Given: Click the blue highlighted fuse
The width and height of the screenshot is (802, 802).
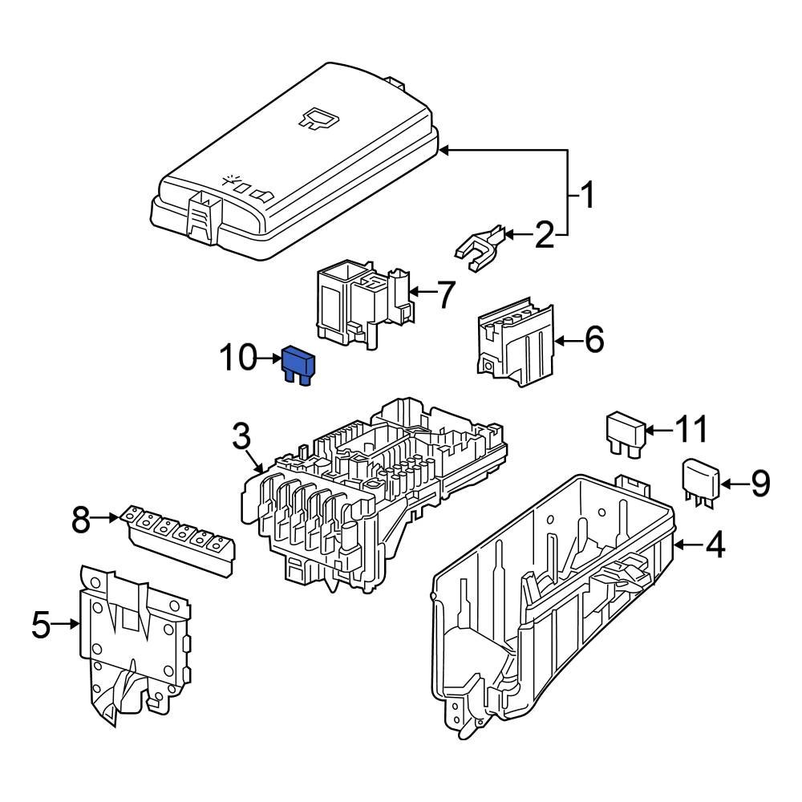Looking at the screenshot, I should pyautogui.click(x=298, y=366).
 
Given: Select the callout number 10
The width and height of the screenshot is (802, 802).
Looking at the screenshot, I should pyautogui.click(x=238, y=359).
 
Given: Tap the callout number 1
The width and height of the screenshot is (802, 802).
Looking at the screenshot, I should pyautogui.click(x=588, y=195).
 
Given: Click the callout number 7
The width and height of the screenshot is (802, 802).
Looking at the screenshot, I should pyautogui.click(x=444, y=295).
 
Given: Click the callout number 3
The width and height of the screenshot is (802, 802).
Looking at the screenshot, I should pyautogui.click(x=242, y=438).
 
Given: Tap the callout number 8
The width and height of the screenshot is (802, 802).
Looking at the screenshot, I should pyautogui.click(x=82, y=520).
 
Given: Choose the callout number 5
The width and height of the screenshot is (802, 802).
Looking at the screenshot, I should pyautogui.click(x=42, y=625).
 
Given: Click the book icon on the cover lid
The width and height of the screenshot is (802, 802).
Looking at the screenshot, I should pyautogui.click(x=319, y=119).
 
